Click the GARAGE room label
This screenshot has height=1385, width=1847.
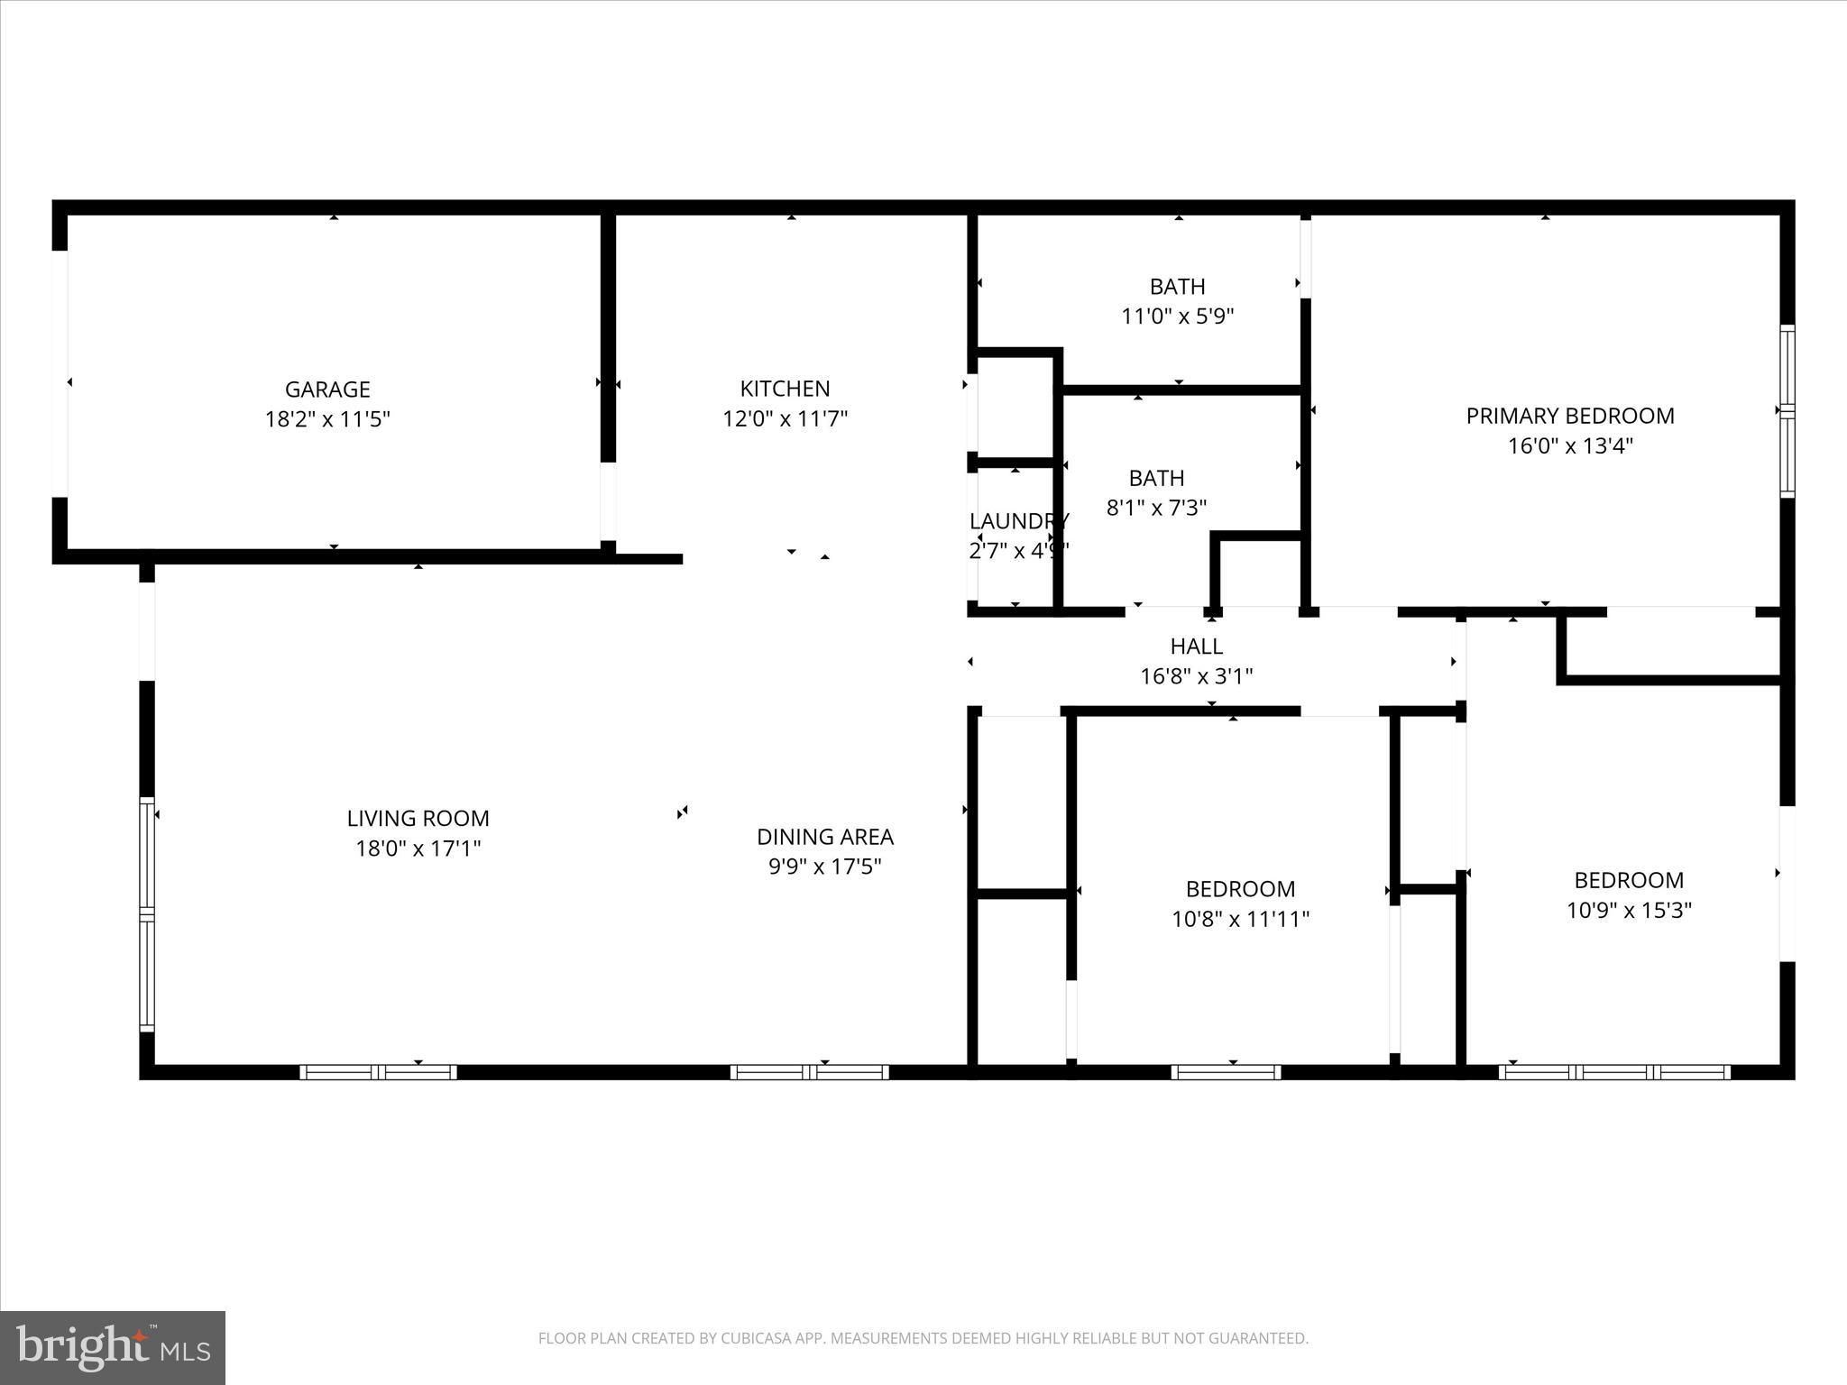327,390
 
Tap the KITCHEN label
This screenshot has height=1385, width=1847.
785,389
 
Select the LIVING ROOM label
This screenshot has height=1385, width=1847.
418,819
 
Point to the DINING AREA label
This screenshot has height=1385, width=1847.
824,837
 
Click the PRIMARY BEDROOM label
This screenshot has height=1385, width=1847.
1569,416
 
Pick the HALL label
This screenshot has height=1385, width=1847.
1196,647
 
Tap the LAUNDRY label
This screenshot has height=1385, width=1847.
1018,521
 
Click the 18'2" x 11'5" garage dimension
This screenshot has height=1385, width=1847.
327,419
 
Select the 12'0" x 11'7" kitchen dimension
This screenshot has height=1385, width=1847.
785,419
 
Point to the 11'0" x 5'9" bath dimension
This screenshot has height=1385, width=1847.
1177,316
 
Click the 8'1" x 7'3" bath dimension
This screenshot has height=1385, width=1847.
1156,508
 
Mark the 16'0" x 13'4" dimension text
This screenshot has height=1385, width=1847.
1570,446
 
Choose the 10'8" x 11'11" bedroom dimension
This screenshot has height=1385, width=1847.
1240,920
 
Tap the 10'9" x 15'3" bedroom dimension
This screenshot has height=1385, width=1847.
1629,911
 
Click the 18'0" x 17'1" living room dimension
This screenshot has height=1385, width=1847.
418,848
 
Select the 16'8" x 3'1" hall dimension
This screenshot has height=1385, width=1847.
1196,676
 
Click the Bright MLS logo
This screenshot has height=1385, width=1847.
113,1347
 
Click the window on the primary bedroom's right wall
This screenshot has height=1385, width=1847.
1787,411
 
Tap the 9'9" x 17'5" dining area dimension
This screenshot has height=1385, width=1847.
824,867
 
